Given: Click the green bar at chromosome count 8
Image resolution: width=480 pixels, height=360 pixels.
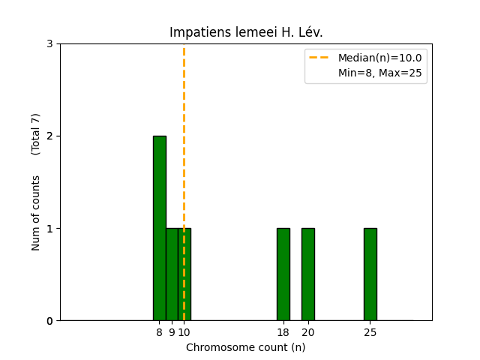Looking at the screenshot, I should (x=159, y=228).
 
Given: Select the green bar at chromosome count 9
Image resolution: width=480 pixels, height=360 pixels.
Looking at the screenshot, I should (x=172, y=274).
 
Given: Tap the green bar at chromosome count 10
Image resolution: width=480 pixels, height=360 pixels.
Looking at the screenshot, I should (x=184, y=274).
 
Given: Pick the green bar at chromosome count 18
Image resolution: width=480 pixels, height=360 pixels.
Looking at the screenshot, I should (x=283, y=274).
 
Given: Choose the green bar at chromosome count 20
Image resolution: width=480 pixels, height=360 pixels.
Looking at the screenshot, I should (x=307, y=274).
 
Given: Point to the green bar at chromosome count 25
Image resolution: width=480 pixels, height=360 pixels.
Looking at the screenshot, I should (x=370, y=274).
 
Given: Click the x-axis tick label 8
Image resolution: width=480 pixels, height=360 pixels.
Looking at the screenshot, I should (x=159, y=332).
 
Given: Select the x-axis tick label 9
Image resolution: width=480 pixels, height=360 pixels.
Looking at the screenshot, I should (x=172, y=332).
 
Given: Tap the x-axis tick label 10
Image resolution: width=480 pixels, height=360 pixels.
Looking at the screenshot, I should (x=184, y=332).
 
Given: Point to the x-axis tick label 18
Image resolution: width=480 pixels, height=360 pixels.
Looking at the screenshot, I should (x=283, y=332).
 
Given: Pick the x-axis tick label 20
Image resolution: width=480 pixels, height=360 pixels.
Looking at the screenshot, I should (x=307, y=332).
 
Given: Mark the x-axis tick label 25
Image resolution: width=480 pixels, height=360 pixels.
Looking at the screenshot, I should (x=370, y=332).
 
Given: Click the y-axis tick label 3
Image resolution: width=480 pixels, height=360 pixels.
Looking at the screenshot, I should (x=49, y=44).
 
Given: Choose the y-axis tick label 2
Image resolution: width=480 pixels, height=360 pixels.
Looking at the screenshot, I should (x=49, y=136).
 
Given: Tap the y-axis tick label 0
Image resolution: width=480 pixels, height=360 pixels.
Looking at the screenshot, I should (x=49, y=321).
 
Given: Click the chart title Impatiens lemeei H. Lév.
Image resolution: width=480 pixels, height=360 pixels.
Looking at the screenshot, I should (x=246, y=32).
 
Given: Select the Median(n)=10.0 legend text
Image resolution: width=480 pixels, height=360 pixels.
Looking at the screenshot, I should (x=379, y=58).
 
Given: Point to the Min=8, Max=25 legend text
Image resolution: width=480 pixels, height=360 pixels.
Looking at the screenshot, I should (x=379, y=73).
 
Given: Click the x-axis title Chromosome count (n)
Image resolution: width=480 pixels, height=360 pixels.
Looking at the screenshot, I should (x=246, y=347).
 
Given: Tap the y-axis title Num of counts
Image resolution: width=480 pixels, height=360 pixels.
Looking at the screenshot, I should (x=36, y=212).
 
